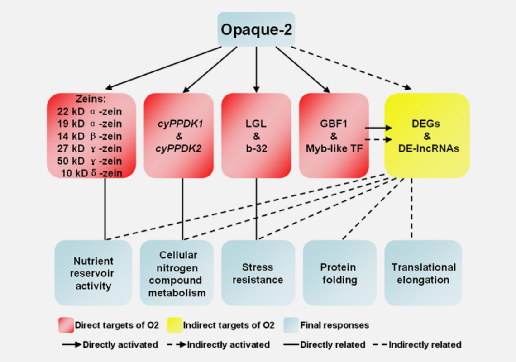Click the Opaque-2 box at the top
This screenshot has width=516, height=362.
256,29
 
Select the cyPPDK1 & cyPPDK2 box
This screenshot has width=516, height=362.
179,136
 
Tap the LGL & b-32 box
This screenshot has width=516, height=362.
256,136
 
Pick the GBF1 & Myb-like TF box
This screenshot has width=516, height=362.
334,136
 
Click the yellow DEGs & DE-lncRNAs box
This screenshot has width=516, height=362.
427,136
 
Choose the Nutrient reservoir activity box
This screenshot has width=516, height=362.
93,273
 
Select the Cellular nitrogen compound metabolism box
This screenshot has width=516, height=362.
177,273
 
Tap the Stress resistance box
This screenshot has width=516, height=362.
258,273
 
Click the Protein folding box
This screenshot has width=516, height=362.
339,273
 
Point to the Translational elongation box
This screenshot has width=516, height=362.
423,273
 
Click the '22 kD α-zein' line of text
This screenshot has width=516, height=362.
90,112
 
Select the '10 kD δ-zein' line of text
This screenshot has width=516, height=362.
91,173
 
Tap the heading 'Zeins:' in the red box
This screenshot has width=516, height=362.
91,99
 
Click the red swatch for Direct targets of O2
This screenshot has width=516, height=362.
66,325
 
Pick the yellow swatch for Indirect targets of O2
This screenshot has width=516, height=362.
175,325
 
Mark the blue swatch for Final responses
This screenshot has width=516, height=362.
291,325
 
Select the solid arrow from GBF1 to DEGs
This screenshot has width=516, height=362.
378,128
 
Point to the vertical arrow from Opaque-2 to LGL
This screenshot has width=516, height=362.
256,69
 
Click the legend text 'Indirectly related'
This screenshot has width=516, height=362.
425,344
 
